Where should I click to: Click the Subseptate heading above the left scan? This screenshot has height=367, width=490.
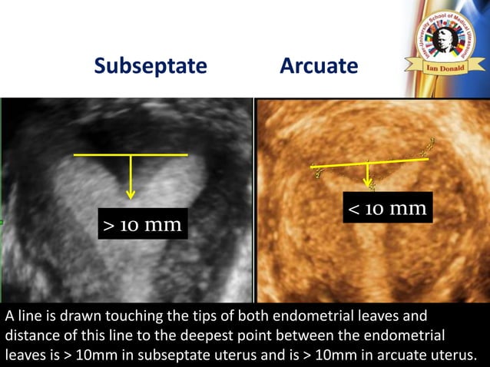point(151,66)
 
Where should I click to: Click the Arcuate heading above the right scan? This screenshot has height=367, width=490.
point(319,66)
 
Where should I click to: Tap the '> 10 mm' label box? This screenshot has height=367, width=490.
point(143,225)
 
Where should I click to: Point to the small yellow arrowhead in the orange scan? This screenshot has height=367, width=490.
point(369,185)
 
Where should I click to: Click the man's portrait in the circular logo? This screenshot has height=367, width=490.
point(442,38)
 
